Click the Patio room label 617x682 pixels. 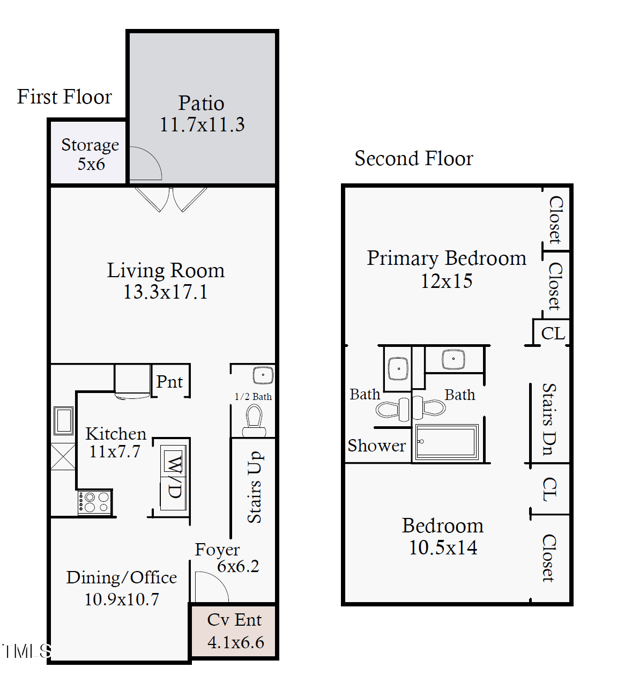tap(201, 103)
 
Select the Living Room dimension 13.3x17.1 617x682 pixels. tap(165, 292)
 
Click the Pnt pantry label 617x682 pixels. tap(169, 382)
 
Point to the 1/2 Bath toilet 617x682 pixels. tap(254, 421)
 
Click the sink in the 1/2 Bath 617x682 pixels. tap(263, 375)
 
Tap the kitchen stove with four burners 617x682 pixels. tap(94, 502)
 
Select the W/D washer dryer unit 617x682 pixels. tap(174, 477)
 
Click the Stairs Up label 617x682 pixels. tap(254, 487)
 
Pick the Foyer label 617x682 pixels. tap(217, 550)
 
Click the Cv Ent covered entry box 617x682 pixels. tap(234, 631)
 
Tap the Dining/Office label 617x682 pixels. tap(121, 577)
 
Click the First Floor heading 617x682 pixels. tap(64, 97)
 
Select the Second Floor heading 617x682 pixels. tap(413, 159)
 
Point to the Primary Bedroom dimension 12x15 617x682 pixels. tap(446, 281)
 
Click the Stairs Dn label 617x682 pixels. tap(548, 419)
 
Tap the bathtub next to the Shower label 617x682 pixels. tap(447, 442)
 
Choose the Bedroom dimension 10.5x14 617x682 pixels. tap(443, 547)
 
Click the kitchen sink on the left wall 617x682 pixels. tap(63, 421)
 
